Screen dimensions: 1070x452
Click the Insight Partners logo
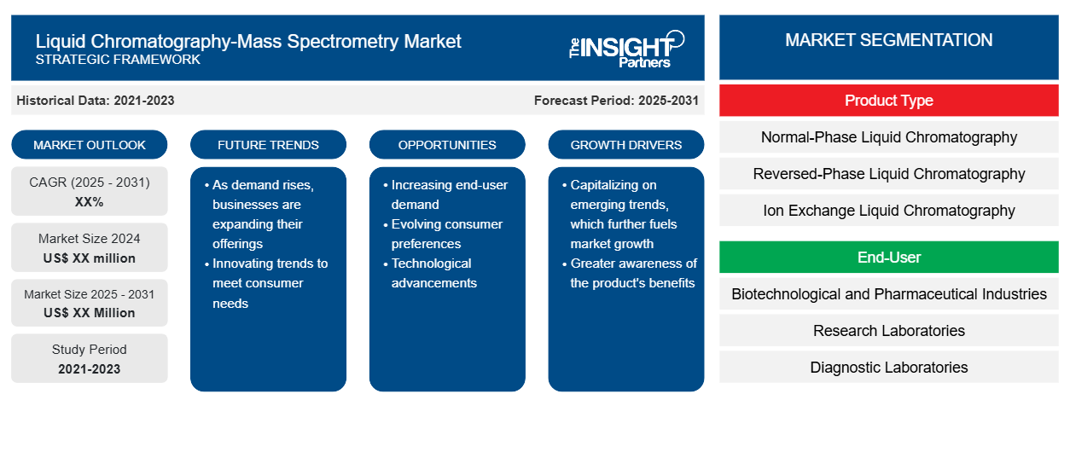(x=626, y=49)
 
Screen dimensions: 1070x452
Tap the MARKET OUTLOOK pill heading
(x=90, y=145)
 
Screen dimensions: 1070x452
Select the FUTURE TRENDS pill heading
(x=268, y=145)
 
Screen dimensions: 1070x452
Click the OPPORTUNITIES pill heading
(x=447, y=145)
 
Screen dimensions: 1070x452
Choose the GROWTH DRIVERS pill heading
(x=625, y=145)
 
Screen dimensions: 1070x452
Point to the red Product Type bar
(x=889, y=101)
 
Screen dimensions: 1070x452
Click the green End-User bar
(x=889, y=258)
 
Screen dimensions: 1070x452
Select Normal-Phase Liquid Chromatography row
(x=889, y=137)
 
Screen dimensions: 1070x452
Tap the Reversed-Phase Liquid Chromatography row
(x=889, y=174)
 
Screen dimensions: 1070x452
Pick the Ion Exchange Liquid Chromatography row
(x=889, y=211)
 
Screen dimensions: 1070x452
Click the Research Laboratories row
(x=889, y=330)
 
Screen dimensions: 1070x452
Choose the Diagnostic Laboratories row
(x=889, y=367)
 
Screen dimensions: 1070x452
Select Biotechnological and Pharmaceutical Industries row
(x=889, y=294)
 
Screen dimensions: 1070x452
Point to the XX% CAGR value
(x=90, y=202)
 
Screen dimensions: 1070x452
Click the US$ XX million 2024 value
(x=90, y=258)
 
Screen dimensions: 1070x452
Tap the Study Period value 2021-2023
(x=90, y=369)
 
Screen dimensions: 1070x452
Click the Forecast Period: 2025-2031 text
(x=616, y=101)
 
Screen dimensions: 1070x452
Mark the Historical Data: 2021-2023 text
(x=96, y=101)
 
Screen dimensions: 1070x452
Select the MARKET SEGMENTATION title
(x=889, y=40)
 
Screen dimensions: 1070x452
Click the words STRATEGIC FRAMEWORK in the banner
(x=118, y=60)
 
